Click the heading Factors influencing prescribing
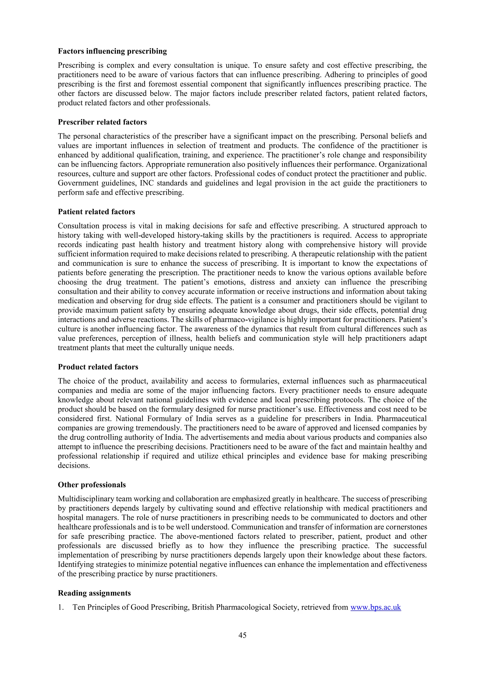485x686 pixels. (112, 51)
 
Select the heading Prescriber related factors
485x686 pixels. (102, 122)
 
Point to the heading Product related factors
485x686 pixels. (98, 367)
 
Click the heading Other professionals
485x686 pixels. (92, 485)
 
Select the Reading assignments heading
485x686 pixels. (94, 593)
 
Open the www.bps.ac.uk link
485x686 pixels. (375, 607)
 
